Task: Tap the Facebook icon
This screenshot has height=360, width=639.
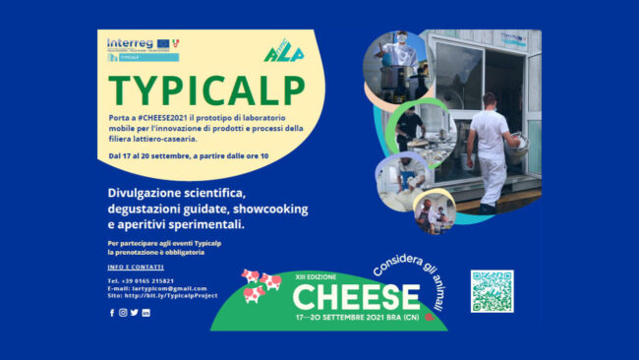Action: pyautogui.click(x=111, y=313)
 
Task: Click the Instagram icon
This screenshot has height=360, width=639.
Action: pyautogui.click(x=123, y=313)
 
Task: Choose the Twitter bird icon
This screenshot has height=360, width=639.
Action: pyautogui.click(x=135, y=313)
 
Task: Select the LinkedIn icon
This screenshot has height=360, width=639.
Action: pyautogui.click(x=146, y=313)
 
